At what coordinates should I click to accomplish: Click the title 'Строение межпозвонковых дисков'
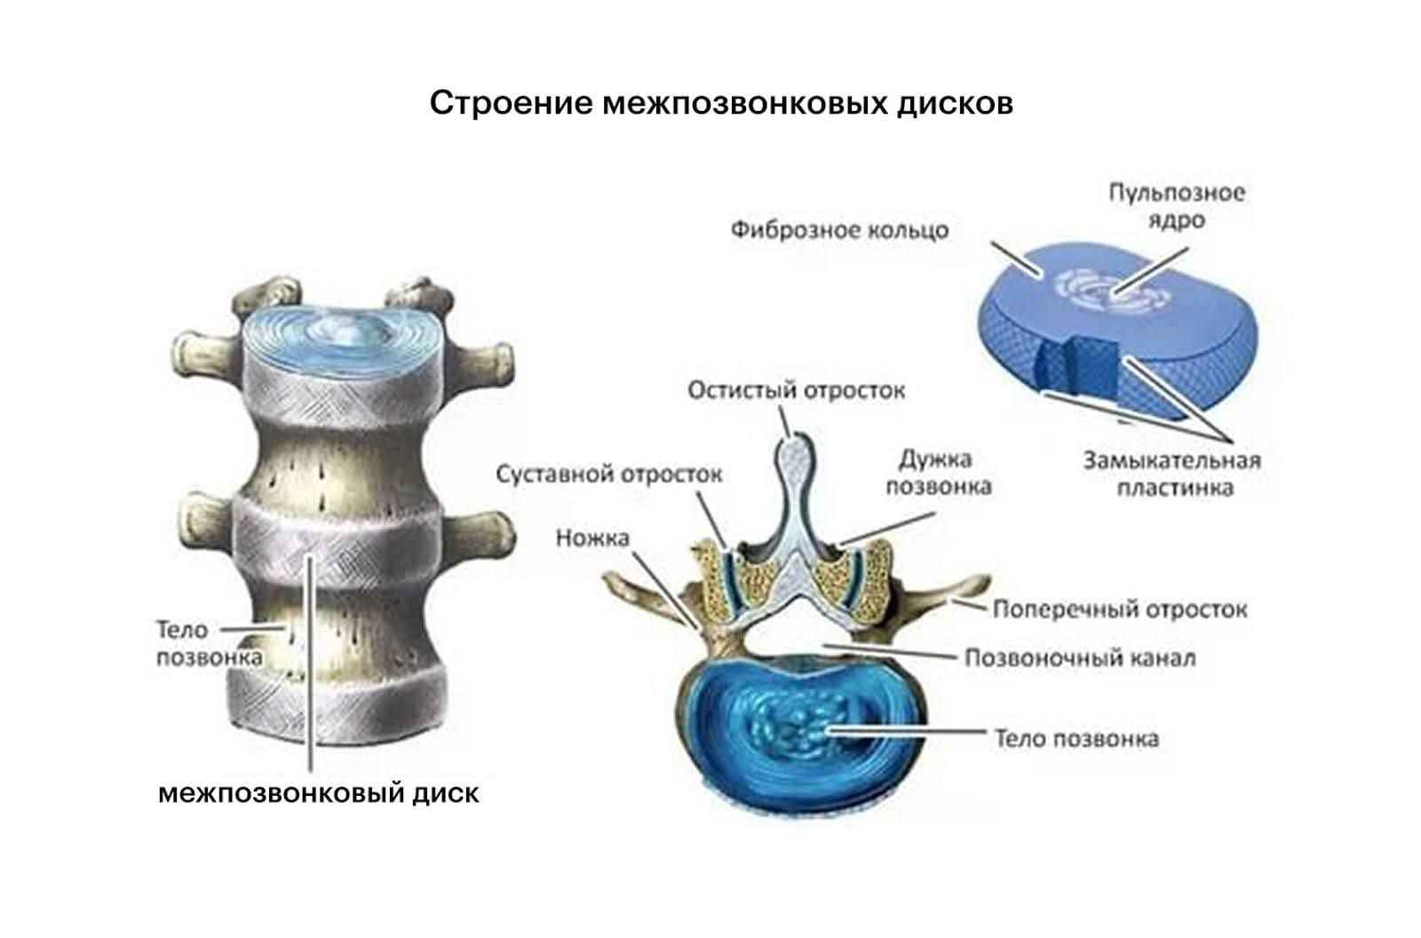coord(721,104)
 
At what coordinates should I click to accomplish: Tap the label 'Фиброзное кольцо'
coord(839,231)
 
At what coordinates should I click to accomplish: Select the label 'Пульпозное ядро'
coord(1176,206)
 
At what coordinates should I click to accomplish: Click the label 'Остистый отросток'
coord(797,390)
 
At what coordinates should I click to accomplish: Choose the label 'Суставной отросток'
coord(608,473)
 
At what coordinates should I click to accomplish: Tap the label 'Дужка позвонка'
coord(939,473)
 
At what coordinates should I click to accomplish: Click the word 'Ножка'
coord(592,537)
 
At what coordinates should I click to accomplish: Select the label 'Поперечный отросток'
coord(1119,609)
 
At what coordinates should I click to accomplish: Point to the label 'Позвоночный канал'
coord(1080,658)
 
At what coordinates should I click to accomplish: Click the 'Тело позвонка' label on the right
coord(1076,738)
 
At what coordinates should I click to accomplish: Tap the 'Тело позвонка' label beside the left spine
coord(209,643)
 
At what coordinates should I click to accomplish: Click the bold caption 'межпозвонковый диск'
coord(318,792)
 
